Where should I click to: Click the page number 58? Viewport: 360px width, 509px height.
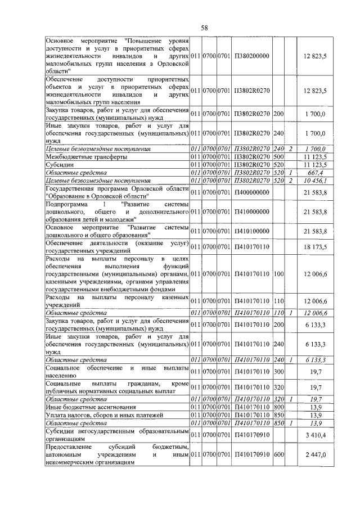tap(204, 28)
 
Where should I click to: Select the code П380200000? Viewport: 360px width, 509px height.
tap(251, 56)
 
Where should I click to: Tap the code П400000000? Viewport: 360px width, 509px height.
tap(251, 192)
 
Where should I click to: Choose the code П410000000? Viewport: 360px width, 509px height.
tap(251, 211)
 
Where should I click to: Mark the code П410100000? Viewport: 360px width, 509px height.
tap(251, 231)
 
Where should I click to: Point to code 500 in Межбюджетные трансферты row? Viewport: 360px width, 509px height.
tap(278, 157)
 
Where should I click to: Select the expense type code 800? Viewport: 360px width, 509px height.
tap(278, 407)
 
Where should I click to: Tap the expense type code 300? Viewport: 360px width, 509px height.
tap(278, 372)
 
